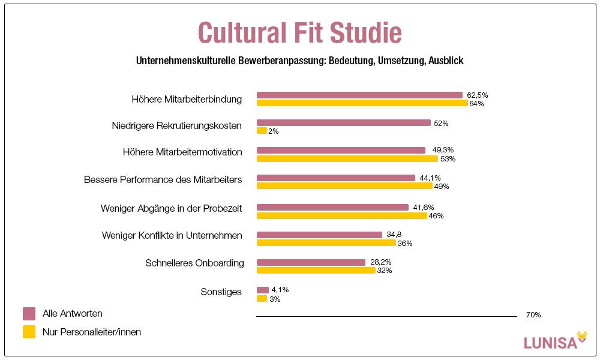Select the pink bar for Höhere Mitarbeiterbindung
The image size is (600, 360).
click(x=359, y=95)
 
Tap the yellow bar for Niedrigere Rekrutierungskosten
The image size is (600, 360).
click(x=262, y=131)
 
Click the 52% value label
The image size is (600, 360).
click(x=441, y=123)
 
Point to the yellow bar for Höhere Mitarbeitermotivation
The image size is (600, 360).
click(x=347, y=158)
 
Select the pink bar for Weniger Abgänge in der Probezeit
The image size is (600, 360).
click(x=332, y=207)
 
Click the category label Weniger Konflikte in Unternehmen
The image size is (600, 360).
click(x=172, y=235)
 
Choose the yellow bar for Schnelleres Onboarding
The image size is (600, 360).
click(x=316, y=271)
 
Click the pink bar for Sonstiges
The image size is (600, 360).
click(x=263, y=290)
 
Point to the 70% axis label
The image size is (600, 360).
click(x=533, y=315)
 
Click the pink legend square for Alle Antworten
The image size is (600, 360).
click(x=29, y=314)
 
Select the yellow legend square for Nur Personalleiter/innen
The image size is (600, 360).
click(x=29, y=332)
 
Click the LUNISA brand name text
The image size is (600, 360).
click(x=550, y=343)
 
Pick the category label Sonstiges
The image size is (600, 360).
click(x=221, y=292)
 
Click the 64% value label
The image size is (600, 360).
click(x=476, y=104)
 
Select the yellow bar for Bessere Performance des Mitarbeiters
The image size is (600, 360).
click(x=344, y=186)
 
